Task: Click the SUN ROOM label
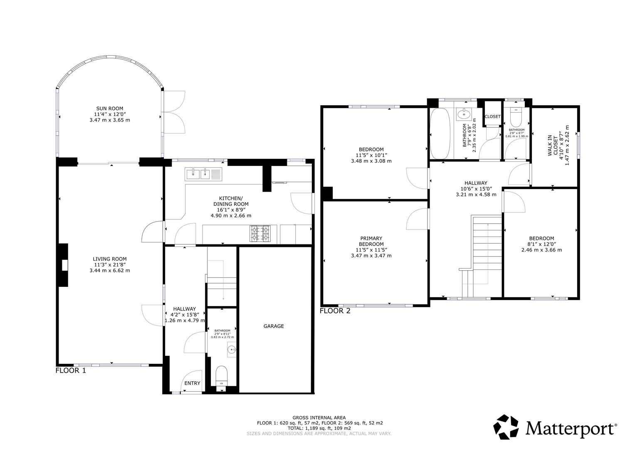pos(110,108)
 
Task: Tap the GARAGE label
pos(274,326)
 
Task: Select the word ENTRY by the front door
pos(192,383)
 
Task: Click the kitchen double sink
pos(203,174)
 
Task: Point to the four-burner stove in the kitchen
pos(259,234)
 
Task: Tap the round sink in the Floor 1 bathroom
pos(232,350)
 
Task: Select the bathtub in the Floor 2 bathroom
pos(440,133)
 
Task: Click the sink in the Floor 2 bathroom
pos(464,114)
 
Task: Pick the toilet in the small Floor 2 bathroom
pos(516,117)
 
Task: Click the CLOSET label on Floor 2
pos(493,116)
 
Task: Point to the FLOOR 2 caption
pos(335,311)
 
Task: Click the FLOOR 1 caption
pos(71,370)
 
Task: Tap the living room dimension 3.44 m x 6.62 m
pos(110,270)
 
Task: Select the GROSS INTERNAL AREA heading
pos(319,417)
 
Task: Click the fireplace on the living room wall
pos(63,265)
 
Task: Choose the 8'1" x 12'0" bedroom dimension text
pos(541,244)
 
